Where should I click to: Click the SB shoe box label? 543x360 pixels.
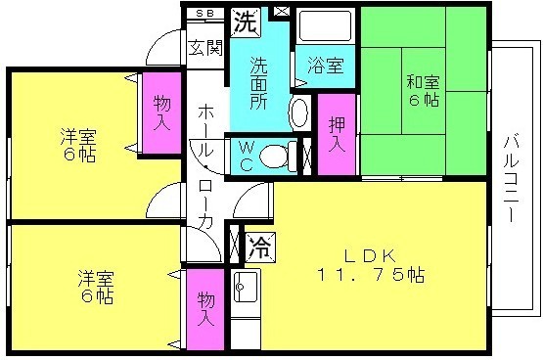[x=205, y=13]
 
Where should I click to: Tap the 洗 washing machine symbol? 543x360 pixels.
[x=246, y=22]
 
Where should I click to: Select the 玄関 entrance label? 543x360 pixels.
[x=205, y=47]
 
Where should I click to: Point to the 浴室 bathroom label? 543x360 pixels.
[x=326, y=66]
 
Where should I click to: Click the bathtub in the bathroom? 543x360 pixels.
[x=325, y=26]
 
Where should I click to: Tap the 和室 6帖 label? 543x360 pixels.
[x=424, y=91]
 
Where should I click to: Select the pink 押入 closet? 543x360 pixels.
[x=337, y=134]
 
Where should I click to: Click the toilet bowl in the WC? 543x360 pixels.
[x=276, y=157]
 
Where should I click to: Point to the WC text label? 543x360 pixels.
[x=246, y=156]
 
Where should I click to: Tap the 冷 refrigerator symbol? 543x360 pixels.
[x=260, y=247]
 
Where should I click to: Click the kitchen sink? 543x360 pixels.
[x=246, y=287]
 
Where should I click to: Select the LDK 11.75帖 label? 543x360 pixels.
[x=370, y=265]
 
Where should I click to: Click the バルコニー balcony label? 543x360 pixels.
[x=511, y=178]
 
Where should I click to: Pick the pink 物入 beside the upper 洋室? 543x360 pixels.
[x=161, y=112]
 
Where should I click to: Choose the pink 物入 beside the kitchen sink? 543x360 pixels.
[x=205, y=309]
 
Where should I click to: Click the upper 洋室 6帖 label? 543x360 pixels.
[x=78, y=146]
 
